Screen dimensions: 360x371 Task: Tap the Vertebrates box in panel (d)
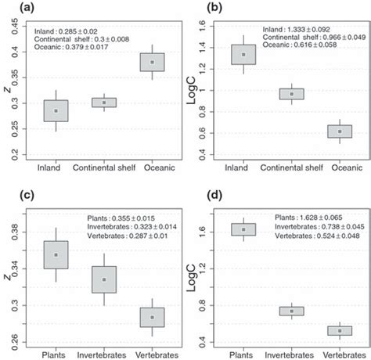coord(340,330)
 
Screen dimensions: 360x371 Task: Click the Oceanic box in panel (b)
coord(340,131)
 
